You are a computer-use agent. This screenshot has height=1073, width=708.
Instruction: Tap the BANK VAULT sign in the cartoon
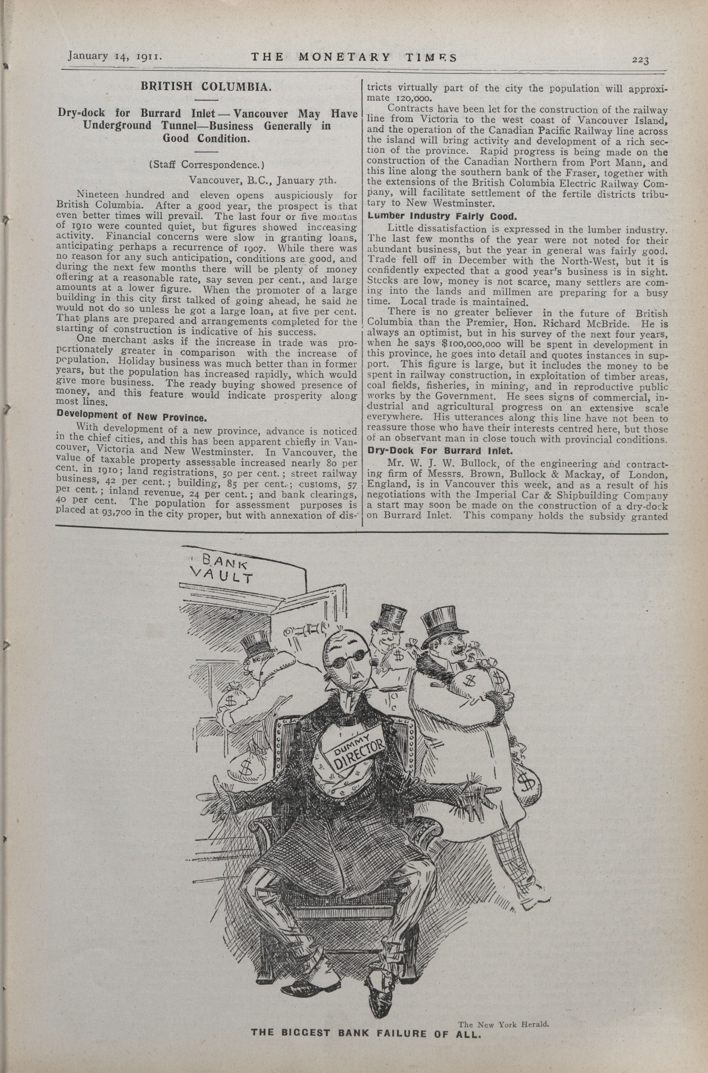[x=221, y=569]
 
